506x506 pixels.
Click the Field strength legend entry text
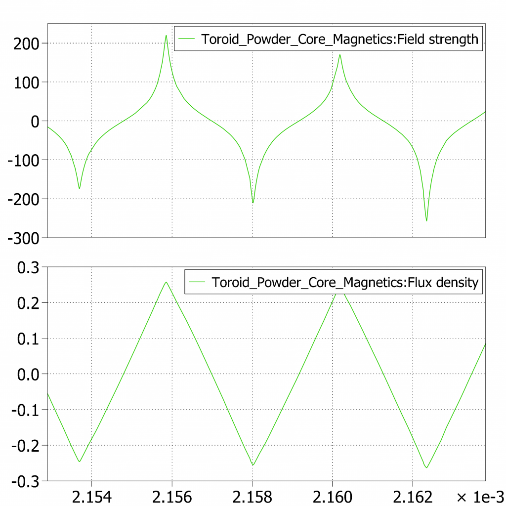coord(340,40)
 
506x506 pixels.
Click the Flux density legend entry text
coord(345,282)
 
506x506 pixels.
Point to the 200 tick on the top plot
coord(24,43)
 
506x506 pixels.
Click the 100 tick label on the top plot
coord(24,82)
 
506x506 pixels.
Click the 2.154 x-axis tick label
coord(91,496)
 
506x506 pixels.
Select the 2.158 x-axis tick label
coord(252,496)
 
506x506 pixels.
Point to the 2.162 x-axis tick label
coord(413,496)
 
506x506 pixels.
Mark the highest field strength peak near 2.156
coord(166,35)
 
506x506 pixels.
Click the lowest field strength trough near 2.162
coord(426,220)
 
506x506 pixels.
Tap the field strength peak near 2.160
coord(340,55)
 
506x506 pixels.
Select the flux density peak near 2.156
coord(166,282)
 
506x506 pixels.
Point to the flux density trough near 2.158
coord(253,465)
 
